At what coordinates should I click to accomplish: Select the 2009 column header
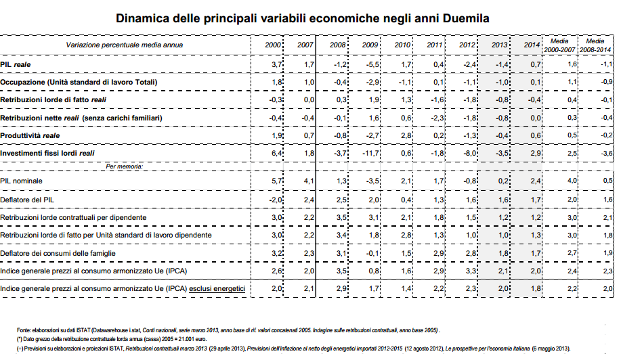click(370, 45)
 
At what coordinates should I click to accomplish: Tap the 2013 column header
click(500, 45)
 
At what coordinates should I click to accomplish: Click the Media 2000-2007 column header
click(559, 45)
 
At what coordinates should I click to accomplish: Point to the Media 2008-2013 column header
click(595, 45)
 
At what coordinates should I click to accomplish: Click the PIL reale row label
click(16, 64)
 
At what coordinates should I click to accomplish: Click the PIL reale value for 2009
click(371, 64)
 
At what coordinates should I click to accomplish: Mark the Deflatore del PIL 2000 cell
click(274, 201)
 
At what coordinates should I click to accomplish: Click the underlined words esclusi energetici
click(217, 288)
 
